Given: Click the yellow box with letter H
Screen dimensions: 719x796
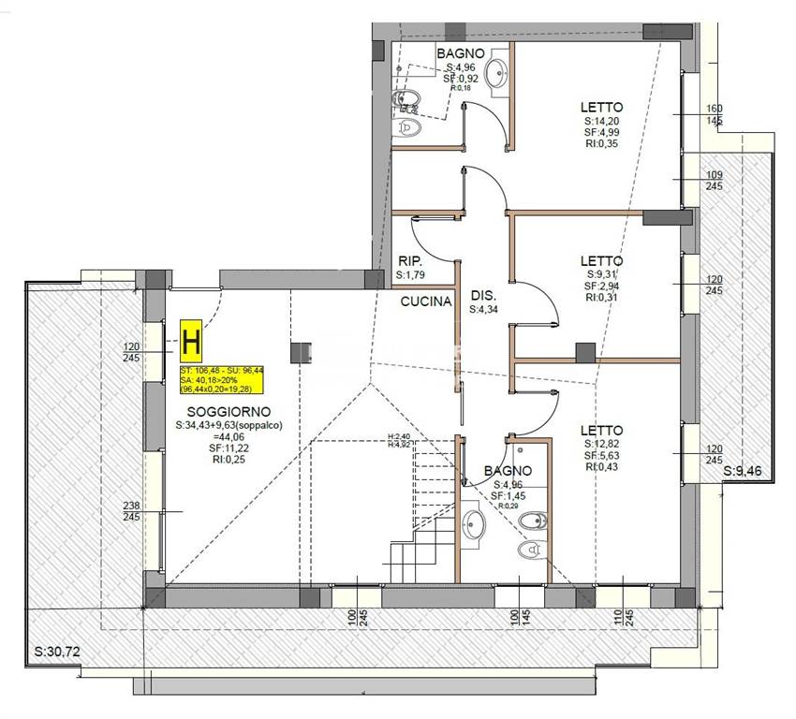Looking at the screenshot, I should [191, 341].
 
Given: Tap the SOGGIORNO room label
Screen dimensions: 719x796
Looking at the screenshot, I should [228, 412].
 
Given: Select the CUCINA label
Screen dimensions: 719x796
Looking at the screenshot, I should [426, 301].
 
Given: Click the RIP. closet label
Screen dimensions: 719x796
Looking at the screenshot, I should [409, 261].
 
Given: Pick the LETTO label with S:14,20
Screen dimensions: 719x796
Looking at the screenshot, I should [601, 107].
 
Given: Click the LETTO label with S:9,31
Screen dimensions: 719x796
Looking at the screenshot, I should [601, 260].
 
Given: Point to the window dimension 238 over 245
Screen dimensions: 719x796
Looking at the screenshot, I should [133, 511].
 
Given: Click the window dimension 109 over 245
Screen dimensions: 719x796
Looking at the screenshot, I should [714, 182].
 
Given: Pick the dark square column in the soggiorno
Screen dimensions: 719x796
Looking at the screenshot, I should [302, 353].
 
